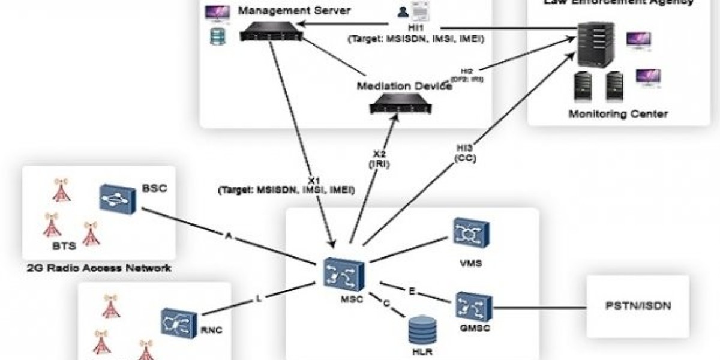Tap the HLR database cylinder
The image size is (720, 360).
[x=421, y=331]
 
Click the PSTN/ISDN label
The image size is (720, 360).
[x=637, y=306]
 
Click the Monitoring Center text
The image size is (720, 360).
[x=618, y=113]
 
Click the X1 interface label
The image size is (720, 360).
[x=313, y=180]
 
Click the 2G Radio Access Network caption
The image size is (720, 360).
[x=99, y=268]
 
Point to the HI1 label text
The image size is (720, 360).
[x=412, y=28]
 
